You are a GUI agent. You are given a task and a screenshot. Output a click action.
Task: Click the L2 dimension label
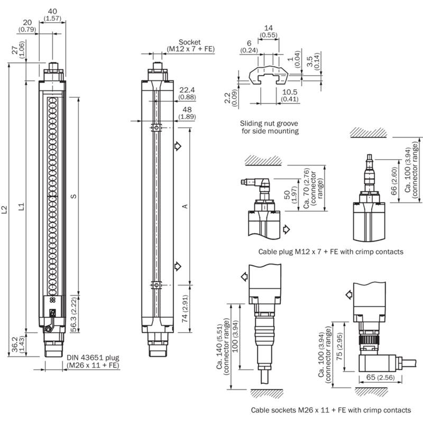point(4,209)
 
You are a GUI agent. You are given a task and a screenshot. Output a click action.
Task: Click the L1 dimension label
point(21,206)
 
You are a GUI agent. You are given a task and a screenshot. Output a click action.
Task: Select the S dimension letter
point(73,196)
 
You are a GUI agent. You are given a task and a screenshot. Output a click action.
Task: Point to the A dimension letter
point(185,206)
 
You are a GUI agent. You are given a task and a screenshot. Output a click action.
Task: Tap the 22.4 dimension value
point(187,90)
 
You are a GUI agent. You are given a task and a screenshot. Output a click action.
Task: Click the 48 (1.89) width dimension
point(187,113)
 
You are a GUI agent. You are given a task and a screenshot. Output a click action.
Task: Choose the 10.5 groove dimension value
point(290,92)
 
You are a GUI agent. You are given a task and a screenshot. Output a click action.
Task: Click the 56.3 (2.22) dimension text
point(73,314)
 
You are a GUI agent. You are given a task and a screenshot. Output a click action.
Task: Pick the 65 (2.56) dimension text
point(380,377)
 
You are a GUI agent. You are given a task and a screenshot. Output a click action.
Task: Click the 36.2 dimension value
point(15,344)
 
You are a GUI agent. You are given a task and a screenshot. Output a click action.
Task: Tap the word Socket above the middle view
point(190,42)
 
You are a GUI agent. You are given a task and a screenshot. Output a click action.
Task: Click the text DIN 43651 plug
point(93,358)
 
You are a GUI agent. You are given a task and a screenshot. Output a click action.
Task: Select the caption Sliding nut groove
point(269,123)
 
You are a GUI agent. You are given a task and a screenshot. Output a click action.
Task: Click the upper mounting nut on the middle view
point(156,127)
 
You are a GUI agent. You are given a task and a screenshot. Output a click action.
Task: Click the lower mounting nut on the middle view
point(156,285)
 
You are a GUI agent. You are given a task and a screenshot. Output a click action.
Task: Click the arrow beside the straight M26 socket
point(244,277)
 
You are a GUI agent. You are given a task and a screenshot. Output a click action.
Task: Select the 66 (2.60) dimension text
point(394,181)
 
